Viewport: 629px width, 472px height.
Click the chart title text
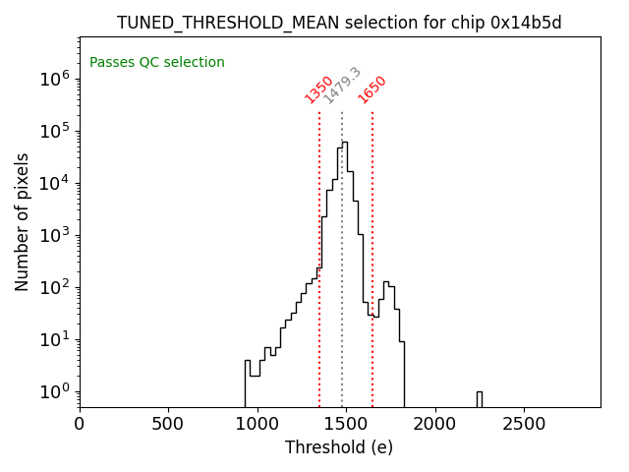point(339,23)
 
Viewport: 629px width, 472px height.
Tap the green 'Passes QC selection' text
point(157,63)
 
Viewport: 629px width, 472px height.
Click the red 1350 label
point(318,89)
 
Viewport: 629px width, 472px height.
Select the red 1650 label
point(372,89)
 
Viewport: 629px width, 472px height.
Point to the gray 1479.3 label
point(342,87)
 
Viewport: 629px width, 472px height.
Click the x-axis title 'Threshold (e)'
point(339,447)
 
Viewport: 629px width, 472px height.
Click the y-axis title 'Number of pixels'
point(22,221)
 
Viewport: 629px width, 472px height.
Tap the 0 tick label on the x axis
point(80,424)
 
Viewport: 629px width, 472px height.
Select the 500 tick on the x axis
point(168,424)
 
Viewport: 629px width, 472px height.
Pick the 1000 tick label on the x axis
point(257,424)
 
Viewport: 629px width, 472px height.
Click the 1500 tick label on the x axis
point(346,424)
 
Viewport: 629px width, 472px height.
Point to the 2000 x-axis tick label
point(434,424)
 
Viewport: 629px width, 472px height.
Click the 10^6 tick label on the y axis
point(53,79)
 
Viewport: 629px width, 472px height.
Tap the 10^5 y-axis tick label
point(53,131)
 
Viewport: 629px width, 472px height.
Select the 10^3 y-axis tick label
point(53,235)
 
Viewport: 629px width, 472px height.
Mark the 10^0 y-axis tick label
point(53,391)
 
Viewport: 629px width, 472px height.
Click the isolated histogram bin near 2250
point(479,398)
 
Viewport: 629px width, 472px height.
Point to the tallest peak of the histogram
point(345,143)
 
